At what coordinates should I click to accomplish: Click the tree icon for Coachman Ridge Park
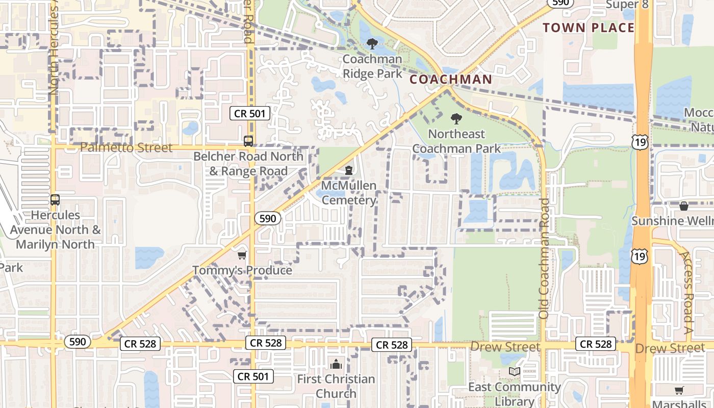[372, 43]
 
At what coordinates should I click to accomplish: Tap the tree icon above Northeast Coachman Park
[456, 119]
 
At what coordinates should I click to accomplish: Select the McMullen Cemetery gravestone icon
[349, 170]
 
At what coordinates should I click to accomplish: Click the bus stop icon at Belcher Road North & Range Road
[248, 141]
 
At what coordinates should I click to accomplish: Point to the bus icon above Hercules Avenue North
[55, 200]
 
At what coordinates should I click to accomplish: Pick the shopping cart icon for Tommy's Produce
[242, 255]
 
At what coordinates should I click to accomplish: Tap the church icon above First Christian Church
[336, 364]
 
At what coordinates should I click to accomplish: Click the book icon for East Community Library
[514, 372]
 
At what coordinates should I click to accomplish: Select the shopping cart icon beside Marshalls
[679, 391]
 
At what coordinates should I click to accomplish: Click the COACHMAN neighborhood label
[451, 80]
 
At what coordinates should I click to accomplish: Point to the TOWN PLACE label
[589, 28]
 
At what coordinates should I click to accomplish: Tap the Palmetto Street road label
[126, 148]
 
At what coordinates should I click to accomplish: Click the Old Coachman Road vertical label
[544, 258]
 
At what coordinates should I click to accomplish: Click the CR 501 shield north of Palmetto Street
[250, 113]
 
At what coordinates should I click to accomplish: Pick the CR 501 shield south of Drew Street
[253, 377]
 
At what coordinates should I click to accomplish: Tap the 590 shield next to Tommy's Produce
[268, 219]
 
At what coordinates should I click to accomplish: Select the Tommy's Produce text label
[242, 270]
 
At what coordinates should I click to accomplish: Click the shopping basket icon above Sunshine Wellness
[683, 206]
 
